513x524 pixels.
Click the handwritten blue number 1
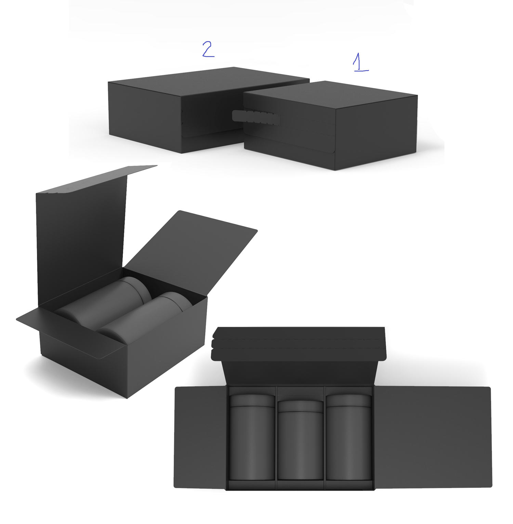click(358, 61)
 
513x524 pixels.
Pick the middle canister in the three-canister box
click(300, 441)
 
